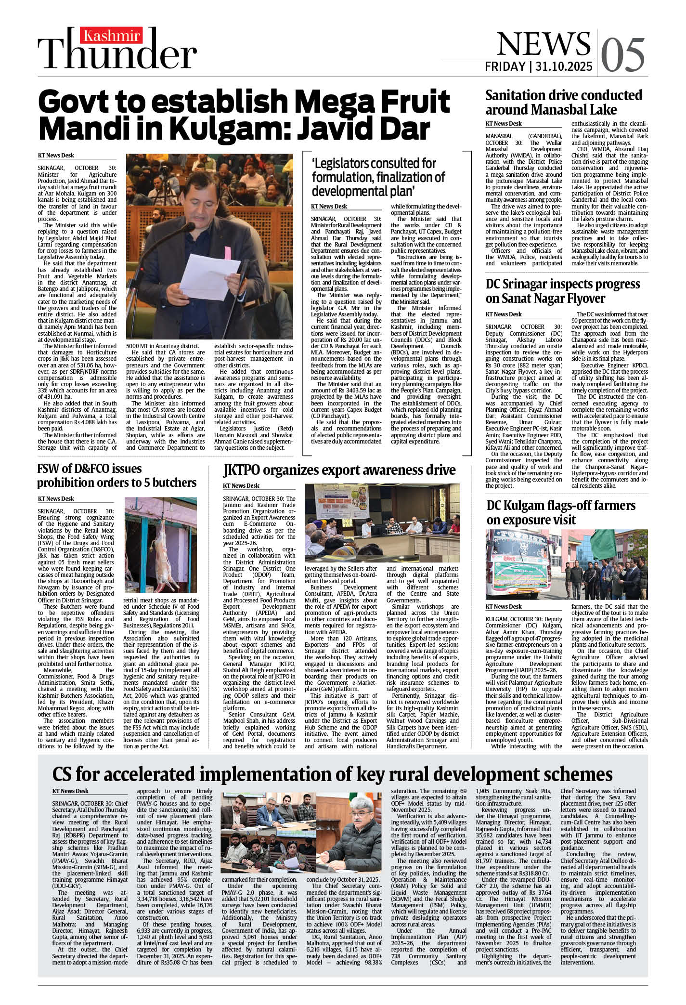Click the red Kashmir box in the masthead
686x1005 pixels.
click(x=112, y=36)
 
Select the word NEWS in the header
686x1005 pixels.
click(x=544, y=44)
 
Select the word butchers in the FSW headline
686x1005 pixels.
click(x=174, y=483)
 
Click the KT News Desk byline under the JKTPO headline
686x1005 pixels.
click(x=241, y=486)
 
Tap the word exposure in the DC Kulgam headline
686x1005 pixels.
click(x=524, y=520)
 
